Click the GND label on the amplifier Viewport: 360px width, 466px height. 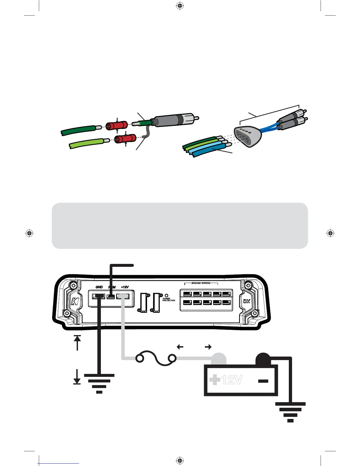point(99,287)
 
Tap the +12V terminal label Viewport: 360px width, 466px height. point(125,287)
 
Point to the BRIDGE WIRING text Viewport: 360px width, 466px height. point(201,283)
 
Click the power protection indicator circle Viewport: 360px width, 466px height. point(166,295)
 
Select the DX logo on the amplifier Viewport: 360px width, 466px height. point(246,301)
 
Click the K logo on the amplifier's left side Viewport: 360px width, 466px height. point(75,301)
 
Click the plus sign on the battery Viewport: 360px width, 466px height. point(215,380)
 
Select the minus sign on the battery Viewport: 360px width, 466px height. point(263,381)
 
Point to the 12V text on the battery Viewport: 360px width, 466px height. point(232,380)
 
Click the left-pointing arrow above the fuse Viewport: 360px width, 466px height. point(180,347)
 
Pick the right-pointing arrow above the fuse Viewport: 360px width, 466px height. point(208,347)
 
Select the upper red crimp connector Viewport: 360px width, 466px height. point(117,126)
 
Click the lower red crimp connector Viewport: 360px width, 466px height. point(125,139)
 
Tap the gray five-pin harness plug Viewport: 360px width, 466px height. point(248,136)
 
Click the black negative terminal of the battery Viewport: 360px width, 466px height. point(263,359)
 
